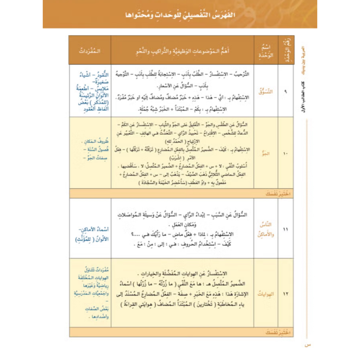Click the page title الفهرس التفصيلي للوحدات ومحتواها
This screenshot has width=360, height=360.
pyautogui.click(x=180, y=16)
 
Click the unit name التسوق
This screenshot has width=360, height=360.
pyautogui.click(x=266, y=92)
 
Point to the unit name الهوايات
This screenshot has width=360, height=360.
pyautogui.click(x=266, y=294)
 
